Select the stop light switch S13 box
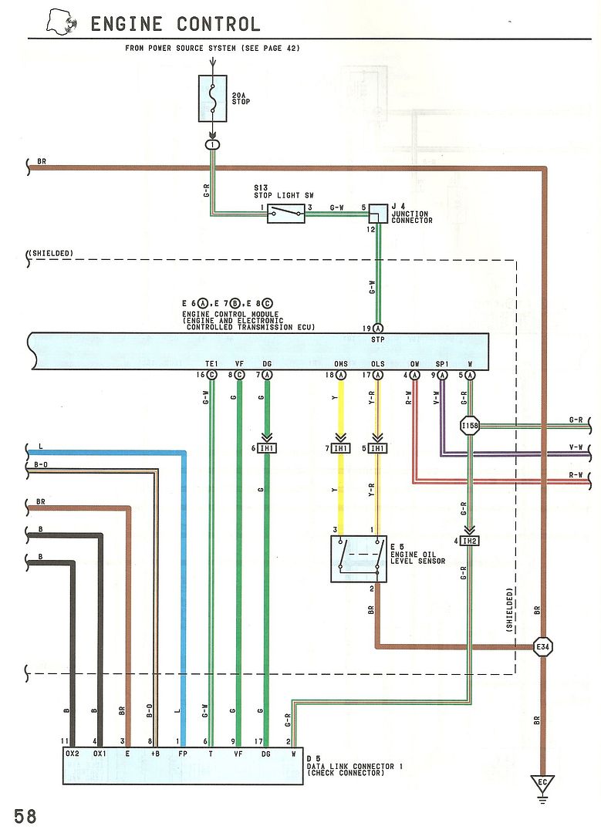coord(285,214)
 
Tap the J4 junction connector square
coord(378,214)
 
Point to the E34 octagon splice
coord(545,647)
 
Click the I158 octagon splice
coord(469,425)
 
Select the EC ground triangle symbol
coord(545,785)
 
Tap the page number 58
coord(25,816)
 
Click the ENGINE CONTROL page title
coord(175,24)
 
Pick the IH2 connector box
coord(469,540)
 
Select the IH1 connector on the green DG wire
coord(267,449)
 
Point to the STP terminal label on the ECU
coord(378,339)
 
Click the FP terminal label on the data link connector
coord(183,754)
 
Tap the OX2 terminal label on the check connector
coord(73,754)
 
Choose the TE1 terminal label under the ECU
coord(211,364)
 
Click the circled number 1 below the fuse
coord(212,144)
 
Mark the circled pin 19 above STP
coord(378,327)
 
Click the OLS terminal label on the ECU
coord(378,364)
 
